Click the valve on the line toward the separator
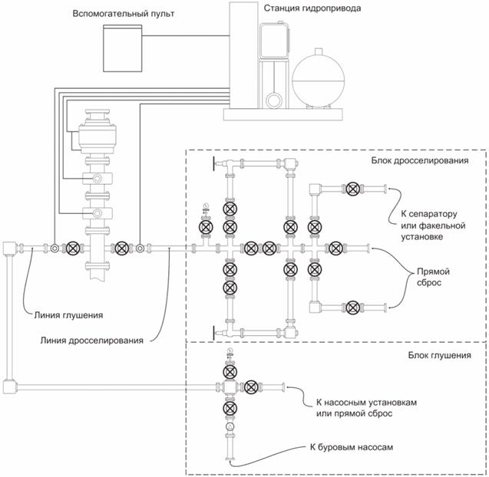[352, 189]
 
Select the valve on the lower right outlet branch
[352, 308]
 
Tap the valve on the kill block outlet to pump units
[251, 386]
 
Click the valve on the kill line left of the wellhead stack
[73, 248]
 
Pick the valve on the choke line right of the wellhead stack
[120, 248]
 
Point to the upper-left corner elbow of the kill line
[11, 248]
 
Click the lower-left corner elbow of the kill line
[11, 386]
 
